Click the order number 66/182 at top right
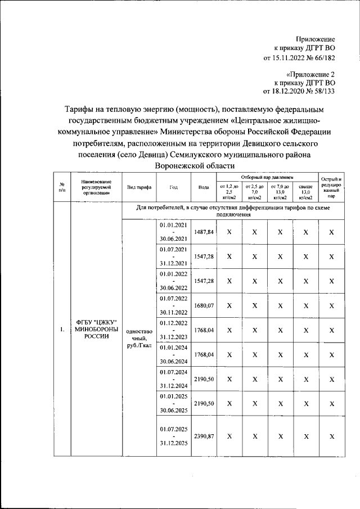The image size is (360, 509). (322, 57)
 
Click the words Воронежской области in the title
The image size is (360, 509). (196, 166)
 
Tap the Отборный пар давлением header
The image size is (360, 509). (267, 177)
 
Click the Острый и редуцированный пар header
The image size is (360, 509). (331, 188)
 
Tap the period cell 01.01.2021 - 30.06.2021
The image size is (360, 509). (174, 232)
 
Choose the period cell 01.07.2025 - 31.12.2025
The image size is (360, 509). (174, 436)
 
